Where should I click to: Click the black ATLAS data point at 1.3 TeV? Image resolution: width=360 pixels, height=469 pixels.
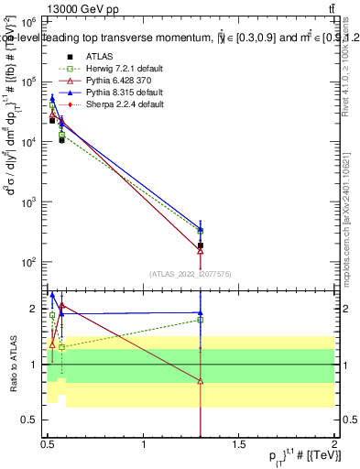(201, 245)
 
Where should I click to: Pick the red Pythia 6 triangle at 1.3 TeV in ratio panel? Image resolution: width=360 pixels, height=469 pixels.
(201, 381)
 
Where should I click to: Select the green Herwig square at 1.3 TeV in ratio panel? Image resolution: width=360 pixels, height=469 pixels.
(201, 320)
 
